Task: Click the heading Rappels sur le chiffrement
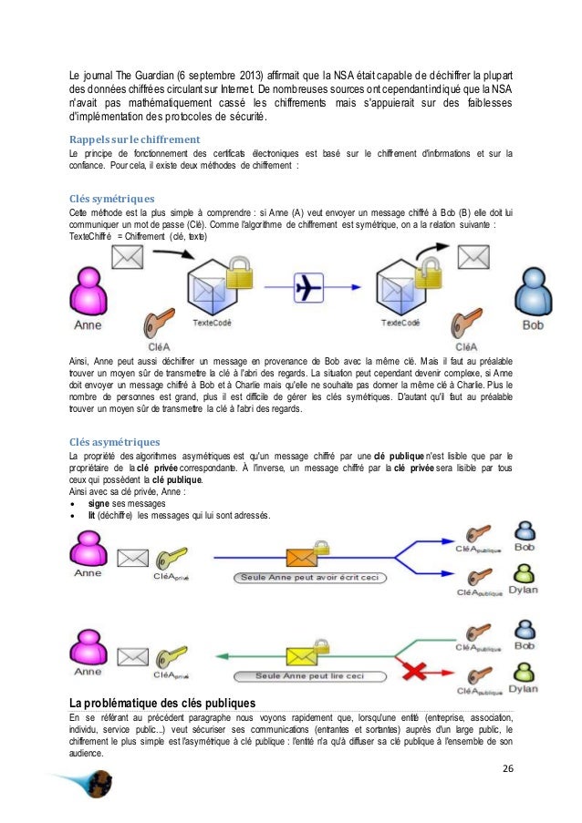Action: [x=135, y=139]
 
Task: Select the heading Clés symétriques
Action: [x=111, y=198]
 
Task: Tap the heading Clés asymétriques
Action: [x=114, y=441]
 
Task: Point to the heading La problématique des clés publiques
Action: [x=162, y=702]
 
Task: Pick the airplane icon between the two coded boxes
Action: [x=311, y=286]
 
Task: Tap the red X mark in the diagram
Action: [x=416, y=672]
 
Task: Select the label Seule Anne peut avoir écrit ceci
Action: [x=309, y=577]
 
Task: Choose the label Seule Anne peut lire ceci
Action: [x=309, y=675]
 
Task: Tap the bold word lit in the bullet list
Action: [x=92, y=514]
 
